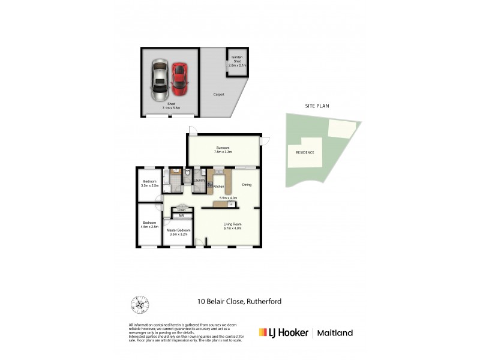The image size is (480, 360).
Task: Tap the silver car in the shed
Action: pos(160,80)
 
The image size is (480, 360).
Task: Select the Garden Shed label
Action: pos(238,62)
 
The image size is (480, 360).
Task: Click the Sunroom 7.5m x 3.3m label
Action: pos(223,149)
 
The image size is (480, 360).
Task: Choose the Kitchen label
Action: pos(218,187)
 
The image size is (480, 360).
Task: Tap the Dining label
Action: pos(246,185)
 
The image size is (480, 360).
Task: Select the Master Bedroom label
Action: pos(179,233)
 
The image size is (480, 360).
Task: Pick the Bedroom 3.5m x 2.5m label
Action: pos(149,184)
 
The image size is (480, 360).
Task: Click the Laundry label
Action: pos(200,181)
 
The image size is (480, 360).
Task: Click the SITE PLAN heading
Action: pos(317,106)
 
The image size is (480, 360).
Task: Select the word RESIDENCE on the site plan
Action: pos(305,152)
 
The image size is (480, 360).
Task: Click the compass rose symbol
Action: pos(139,304)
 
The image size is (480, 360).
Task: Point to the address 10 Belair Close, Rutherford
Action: pos(239,301)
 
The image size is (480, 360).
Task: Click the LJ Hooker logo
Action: pos(283,332)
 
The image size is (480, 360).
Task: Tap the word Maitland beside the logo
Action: pos(335,333)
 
